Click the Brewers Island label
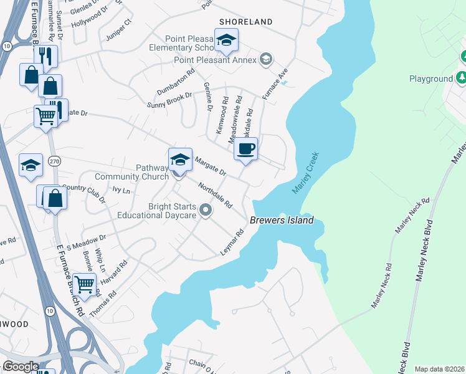282,220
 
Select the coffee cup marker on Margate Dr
245,150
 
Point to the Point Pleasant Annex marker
266,59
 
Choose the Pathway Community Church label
153,172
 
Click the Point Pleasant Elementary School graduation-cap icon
226,41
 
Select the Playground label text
430,79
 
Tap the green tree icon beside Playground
462,78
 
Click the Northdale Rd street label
214,195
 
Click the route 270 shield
54,160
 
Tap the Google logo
21,367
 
